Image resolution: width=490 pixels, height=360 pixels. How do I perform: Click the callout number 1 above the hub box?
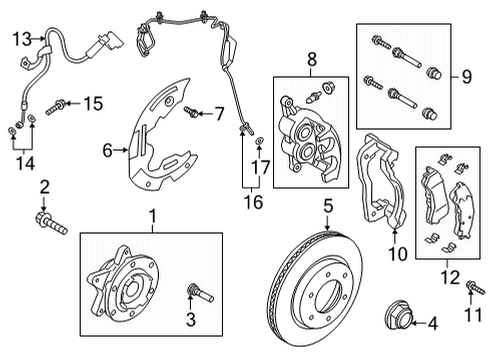point(152,215)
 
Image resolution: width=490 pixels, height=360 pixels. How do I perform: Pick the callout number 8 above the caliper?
point(310,60)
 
